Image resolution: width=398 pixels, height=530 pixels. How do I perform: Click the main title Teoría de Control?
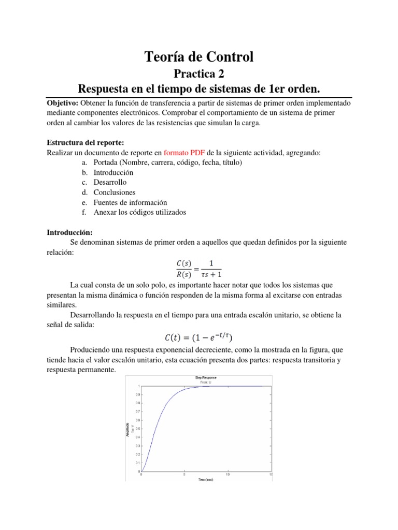click(x=198, y=56)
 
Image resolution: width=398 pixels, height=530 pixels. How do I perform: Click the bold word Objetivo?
click(x=63, y=104)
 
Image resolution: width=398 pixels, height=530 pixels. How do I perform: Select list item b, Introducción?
click(x=113, y=172)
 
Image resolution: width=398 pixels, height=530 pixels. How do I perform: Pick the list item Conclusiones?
click(x=114, y=192)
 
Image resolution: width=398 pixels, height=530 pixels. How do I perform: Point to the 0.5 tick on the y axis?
click(x=137, y=429)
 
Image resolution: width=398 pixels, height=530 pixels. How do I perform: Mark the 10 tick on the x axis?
click(x=228, y=475)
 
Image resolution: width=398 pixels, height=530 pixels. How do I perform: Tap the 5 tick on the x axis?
click(x=184, y=475)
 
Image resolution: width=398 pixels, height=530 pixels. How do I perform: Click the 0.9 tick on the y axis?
click(x=137, y=394)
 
